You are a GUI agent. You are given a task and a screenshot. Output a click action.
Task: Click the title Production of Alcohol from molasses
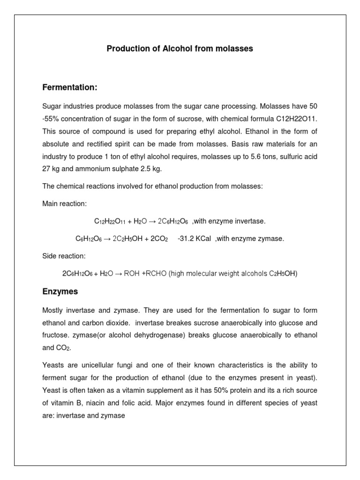180,49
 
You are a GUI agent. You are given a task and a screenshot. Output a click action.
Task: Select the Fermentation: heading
70,88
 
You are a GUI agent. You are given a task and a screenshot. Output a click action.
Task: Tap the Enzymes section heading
60,292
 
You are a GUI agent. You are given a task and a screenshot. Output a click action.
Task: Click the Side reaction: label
64,256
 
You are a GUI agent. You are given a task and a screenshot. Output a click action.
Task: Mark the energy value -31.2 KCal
195,239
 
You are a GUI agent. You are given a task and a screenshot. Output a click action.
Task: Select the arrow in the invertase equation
152,221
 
